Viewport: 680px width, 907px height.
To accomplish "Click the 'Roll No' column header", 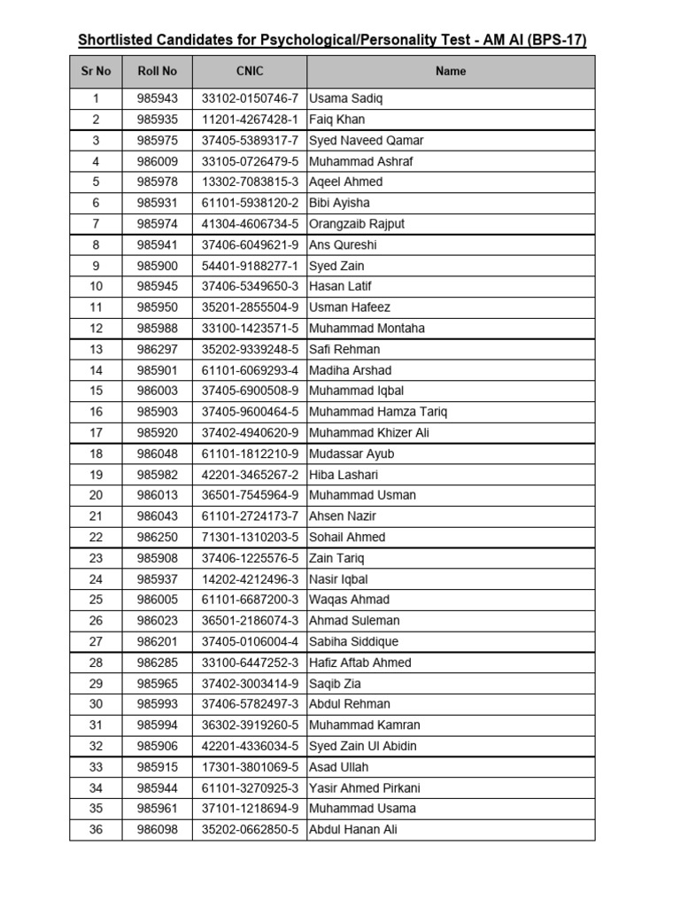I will (157, 71).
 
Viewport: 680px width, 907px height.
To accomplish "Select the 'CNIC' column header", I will (250, 71).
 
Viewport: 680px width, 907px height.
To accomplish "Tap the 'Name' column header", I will (451, 71).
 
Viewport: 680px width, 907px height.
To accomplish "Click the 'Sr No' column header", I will (96, 71).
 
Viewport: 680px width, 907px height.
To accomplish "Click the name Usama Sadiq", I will (346, 98).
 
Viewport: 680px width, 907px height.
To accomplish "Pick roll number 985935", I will (157, 120).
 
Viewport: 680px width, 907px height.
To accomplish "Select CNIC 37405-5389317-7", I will (250, 140).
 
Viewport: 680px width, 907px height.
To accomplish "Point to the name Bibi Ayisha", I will (339, 203).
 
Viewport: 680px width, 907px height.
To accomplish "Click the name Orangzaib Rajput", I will (356, 224).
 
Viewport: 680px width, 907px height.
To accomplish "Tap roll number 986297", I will (157, 349).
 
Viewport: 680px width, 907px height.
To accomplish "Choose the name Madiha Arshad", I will (350, 370).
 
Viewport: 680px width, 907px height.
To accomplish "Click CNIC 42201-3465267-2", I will (250, 475).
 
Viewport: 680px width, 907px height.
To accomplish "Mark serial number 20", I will (96, 495).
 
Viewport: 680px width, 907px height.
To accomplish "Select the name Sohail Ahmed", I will (347, 537).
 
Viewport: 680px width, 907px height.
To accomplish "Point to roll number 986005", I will (157, 600).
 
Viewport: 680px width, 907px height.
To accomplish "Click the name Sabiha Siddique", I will (353, 641).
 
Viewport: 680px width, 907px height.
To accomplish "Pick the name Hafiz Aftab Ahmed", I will (359, 663).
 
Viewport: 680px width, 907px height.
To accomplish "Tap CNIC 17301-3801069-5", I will (250, 767).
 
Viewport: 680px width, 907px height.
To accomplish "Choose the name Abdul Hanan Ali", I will (352, 829).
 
